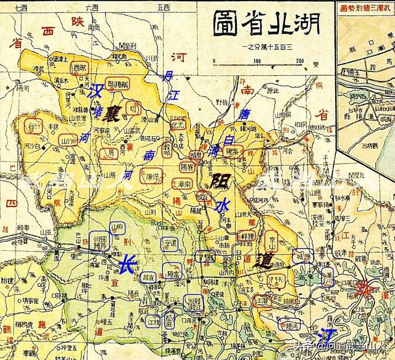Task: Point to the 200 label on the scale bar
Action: (300, 60)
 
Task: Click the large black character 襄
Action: (112, 114)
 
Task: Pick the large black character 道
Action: (266, 261)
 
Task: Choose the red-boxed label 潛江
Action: (262, 301)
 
